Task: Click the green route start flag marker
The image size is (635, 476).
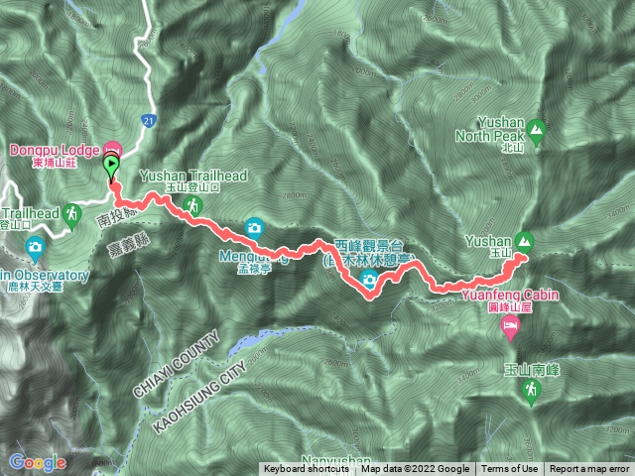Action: tap(111, 167)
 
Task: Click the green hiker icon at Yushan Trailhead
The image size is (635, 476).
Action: tap(195, 205)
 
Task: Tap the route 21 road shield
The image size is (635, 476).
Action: tap(148, 120)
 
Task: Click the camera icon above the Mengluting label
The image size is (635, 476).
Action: tap(254, 227)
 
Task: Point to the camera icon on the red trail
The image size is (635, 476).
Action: tap(369, 283)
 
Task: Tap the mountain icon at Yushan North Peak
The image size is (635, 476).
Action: tap(537, 128)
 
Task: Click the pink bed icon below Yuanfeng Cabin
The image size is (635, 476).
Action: tap(511, 326)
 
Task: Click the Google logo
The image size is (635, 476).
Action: tap(37, 462)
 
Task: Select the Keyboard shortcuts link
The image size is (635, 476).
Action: tap(306, 469)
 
